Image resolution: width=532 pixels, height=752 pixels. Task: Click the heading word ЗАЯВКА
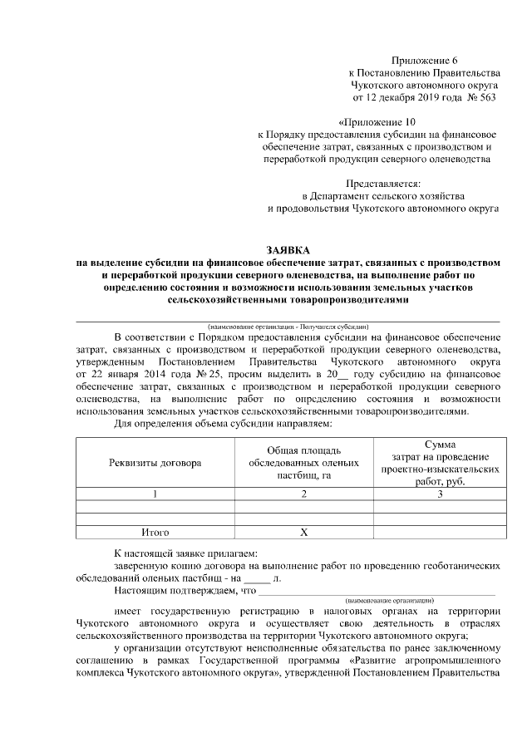click(287, 249)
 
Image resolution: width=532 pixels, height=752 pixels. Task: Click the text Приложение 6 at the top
click(425, 61)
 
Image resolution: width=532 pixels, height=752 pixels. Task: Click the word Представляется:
click(382, 183)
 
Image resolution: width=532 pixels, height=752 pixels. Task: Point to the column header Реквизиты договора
click(155, 463)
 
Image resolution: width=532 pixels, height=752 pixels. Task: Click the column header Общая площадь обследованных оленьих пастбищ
click(304, 463)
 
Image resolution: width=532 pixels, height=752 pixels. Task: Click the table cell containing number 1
click(155, 494)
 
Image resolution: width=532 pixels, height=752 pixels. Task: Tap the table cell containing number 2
click(304, 494)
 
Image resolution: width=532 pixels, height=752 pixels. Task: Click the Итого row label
click(155, 532)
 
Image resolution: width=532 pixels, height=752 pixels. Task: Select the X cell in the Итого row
click(304, 532)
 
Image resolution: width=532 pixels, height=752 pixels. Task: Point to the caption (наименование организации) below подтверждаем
click(389, 599)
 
